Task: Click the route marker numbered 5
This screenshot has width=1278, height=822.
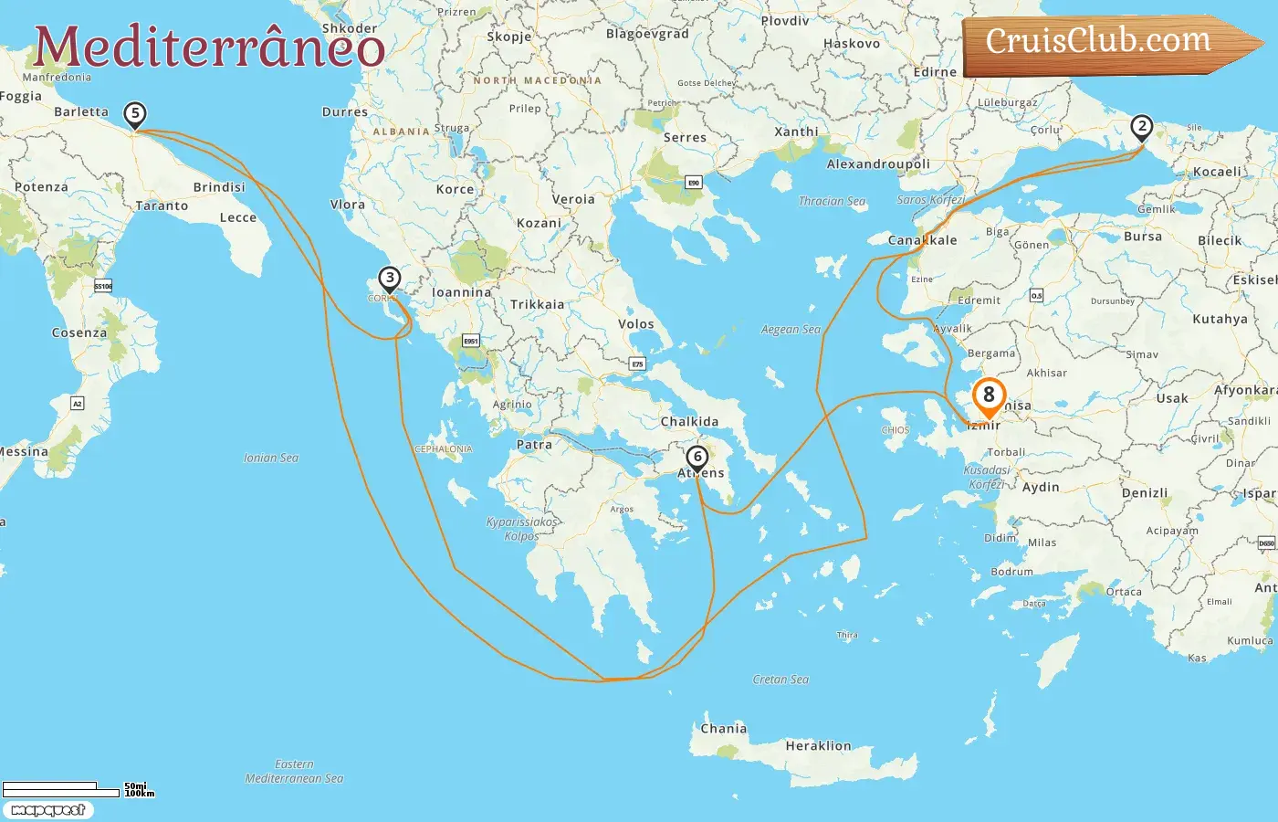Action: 135,115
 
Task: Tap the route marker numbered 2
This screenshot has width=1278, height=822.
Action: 1141,127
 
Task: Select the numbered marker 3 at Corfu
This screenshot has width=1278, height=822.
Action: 390,279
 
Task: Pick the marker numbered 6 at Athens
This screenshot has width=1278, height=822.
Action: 697,457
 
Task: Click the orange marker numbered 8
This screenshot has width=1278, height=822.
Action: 989,396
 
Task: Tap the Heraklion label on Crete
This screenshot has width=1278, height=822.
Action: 818,746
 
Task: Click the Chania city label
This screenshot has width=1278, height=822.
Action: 724,729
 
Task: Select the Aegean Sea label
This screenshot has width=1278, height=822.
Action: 791,330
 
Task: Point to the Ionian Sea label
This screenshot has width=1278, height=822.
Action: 271,458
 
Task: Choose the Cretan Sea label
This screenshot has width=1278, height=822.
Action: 780,680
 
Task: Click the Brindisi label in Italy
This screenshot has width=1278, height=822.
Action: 219,187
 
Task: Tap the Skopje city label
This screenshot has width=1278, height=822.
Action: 509,37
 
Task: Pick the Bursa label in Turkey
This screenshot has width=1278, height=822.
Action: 1143,237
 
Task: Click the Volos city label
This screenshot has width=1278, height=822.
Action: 636,324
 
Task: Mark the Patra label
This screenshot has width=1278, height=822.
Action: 534,445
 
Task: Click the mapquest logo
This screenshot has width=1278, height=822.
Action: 47,810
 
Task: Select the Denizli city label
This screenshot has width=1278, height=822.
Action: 1145,493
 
